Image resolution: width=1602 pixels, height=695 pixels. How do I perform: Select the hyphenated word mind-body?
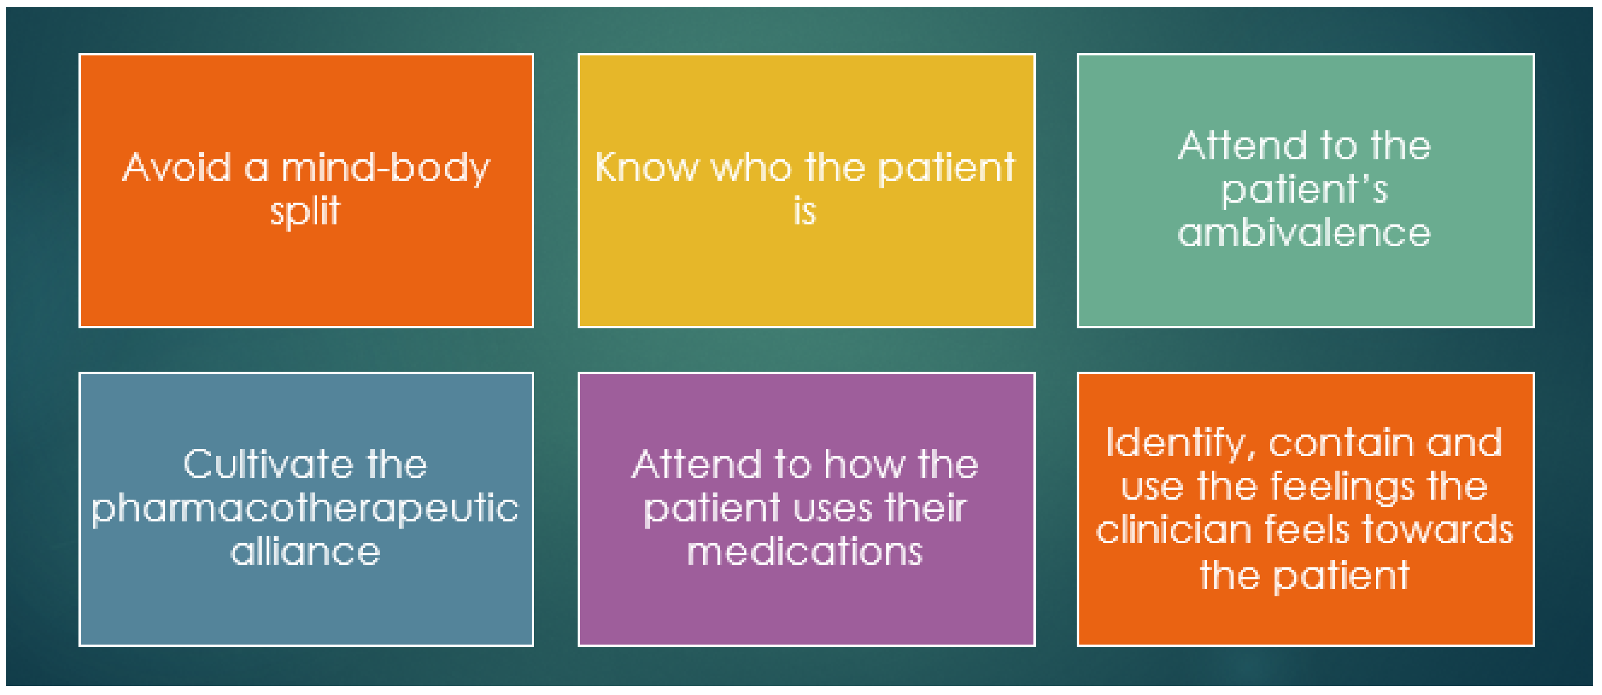point(386,168)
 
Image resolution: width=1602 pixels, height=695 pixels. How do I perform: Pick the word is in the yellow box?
point(805,212)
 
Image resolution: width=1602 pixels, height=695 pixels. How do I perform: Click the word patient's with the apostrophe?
point(1304,190)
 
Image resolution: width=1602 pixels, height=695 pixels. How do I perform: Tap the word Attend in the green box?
point(1244,145)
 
